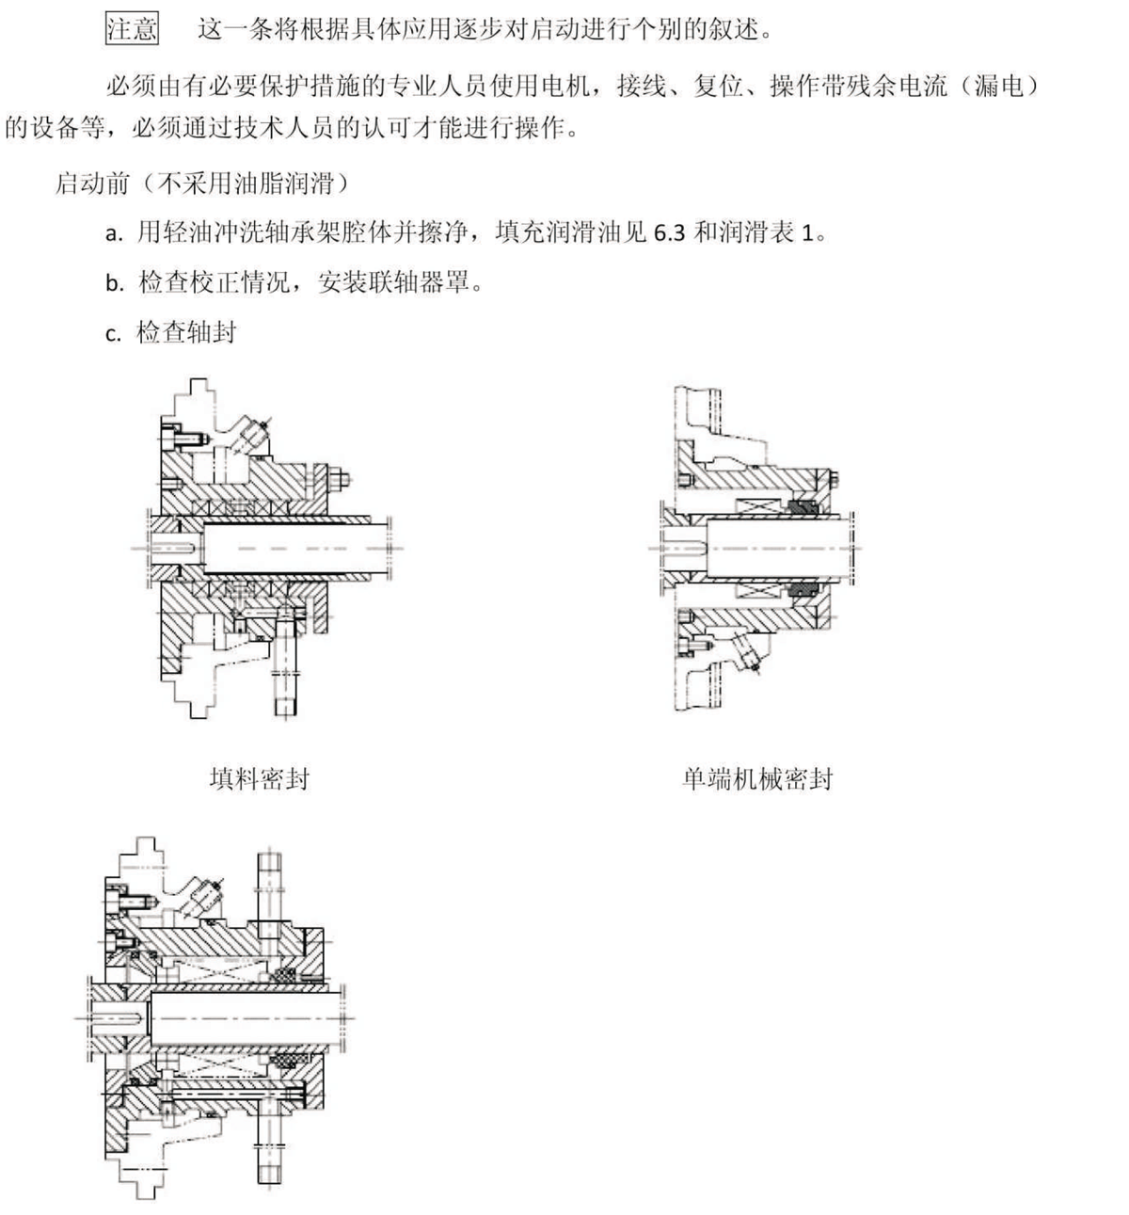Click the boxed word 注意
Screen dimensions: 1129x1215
(x=132, y=29)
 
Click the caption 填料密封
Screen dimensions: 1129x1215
(x=260, y=779)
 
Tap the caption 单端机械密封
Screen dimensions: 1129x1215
(x=757, y=779)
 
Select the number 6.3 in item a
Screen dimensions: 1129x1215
(x=670, y=232)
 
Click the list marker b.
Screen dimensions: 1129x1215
(x=115, y=282)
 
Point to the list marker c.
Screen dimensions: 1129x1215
(x=113, y=334)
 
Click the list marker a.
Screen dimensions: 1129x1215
(x=114, y=233)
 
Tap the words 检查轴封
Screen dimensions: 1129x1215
(x=186, y=332)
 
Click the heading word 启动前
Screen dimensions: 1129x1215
(x=93, y=183)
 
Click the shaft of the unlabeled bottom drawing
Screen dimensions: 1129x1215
(x=245, y=1018)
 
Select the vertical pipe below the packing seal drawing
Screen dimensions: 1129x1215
(x=285, y=663)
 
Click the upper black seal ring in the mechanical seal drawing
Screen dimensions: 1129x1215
(x=803, y=507)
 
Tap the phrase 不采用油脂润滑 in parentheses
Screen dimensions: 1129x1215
(x=246, y=183)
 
